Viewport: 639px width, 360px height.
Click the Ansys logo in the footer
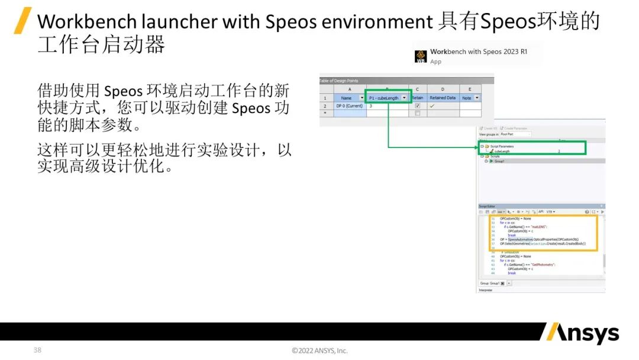580,333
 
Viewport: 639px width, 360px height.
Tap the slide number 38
37,350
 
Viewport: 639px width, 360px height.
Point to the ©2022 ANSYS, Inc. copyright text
319,351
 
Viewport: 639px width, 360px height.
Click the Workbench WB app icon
421,56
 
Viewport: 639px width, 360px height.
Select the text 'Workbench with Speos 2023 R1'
478,52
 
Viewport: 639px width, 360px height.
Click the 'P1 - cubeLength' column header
384,98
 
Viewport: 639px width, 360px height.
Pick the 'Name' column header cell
347,98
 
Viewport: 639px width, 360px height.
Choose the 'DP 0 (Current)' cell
350,105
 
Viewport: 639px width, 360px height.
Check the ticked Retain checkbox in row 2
417,105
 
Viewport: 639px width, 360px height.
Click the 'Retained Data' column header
442,98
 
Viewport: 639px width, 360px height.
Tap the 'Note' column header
467,98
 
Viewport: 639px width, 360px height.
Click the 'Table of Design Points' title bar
339,81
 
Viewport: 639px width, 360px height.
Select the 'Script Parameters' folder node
502,146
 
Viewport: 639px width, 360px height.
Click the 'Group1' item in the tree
499,161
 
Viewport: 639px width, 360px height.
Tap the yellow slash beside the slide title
22,21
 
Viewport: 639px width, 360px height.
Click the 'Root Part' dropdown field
515,134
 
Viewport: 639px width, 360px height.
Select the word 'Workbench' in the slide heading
87,22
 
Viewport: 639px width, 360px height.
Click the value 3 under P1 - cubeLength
371,105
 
